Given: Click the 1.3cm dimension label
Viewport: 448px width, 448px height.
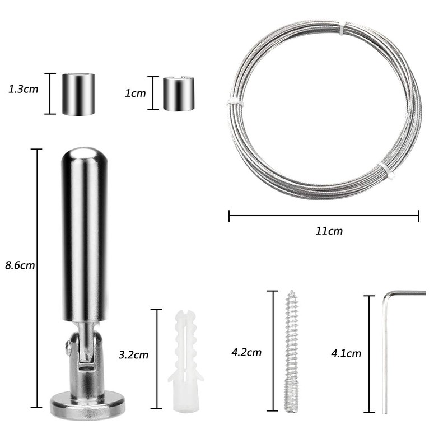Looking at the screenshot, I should point(24,88).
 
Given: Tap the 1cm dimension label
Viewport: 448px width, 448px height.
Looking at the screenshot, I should point(134,94).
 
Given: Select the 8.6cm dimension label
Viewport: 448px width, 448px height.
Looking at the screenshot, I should point(20,265).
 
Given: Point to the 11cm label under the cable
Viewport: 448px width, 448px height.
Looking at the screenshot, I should point(329,230).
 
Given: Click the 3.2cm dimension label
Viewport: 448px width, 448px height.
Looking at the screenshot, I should point(133,354).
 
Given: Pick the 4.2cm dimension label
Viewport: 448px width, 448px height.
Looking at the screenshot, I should point(246,352).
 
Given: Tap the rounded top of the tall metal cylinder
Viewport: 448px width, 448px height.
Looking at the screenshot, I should point(83,157).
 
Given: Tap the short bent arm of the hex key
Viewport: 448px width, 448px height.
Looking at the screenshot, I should point(407,292).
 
